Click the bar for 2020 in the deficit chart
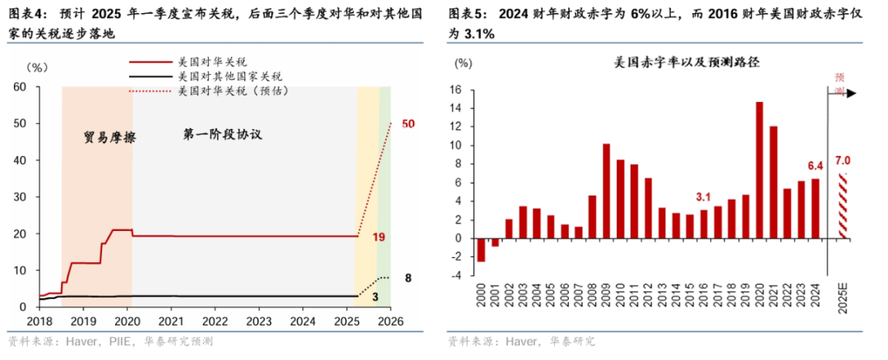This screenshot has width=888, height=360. coord(759,170)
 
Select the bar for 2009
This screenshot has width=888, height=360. coord(606,191)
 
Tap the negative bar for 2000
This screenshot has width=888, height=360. coord(481,250)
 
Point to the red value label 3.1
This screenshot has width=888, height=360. coord(703,196)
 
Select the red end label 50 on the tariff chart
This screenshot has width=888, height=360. coord(409,123)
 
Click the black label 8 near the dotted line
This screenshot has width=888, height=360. coord(409,279)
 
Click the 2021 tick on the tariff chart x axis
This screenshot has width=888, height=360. coord(170,321)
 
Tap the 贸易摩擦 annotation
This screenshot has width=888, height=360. coord(109,137)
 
